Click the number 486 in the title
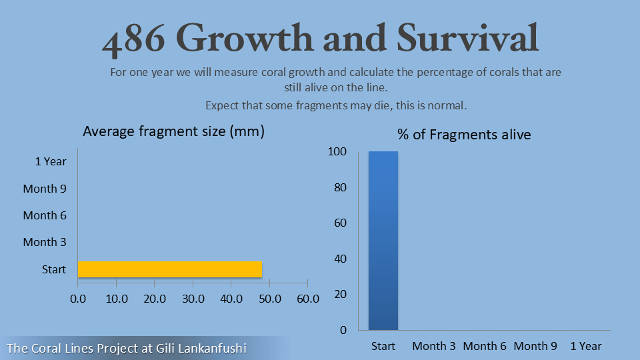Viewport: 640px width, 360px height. [133, 40]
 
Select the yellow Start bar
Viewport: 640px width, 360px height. [170, 269]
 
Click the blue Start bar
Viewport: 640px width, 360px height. [383, 240]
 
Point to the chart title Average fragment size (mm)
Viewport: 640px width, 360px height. [173, 131]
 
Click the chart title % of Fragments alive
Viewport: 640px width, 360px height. [464, 135]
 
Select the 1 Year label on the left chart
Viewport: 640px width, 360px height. [51, 161]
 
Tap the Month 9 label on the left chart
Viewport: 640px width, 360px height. [45, 189]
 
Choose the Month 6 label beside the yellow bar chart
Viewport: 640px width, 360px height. [45, 215]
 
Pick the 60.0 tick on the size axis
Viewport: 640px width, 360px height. [307, 298]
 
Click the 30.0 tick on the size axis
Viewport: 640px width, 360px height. [193, 298]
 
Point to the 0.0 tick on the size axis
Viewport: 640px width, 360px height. [78, 298]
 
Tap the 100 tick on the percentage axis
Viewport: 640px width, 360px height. [337, 152]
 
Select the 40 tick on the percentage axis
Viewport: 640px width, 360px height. [340, 259]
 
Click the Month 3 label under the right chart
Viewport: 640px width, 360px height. [434, 346]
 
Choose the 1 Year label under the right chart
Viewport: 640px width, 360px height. [586, 346]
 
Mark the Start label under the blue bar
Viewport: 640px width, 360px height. [383, 346]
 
